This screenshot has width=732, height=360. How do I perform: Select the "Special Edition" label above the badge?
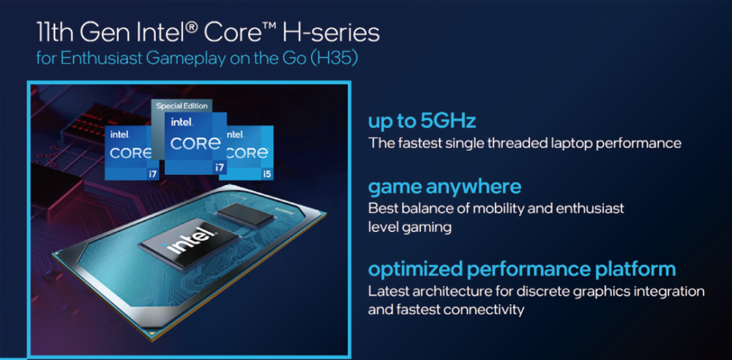(182, 106)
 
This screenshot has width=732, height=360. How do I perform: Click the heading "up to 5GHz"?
(422, 121)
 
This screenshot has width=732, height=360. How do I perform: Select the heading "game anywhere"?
(444, 187)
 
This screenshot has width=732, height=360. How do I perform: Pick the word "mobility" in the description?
(490, 209)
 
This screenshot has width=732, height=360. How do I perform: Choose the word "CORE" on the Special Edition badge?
(195, 143)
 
